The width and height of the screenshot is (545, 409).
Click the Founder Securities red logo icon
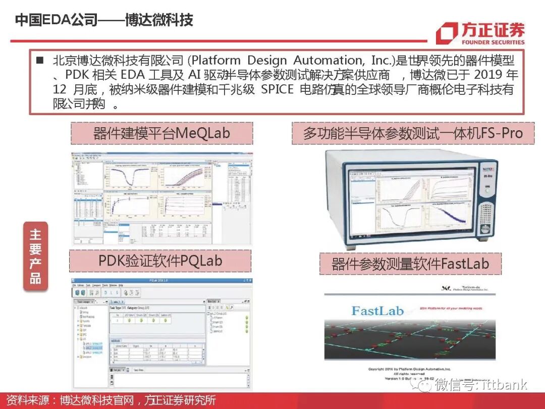click(x=446, y=33)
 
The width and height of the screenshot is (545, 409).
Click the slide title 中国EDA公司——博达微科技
click(x=104, y=20)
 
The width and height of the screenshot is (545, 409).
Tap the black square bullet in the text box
click(x=40, y=61)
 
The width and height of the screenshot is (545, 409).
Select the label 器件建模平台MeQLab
click(x=161, y=133)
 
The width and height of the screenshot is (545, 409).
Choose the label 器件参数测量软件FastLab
click(x=410, y=264)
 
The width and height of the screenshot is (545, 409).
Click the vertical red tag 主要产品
click(x=35, y=256)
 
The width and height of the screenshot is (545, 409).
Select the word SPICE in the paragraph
click(x=280, y=90)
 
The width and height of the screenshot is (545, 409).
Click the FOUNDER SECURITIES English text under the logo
click(x=493, y=42)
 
